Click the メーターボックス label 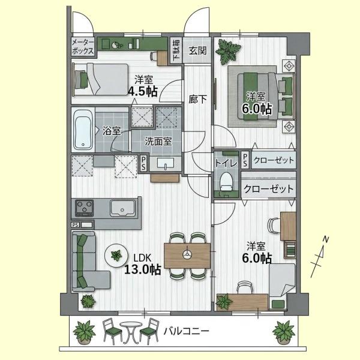83,46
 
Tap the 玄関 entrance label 197,50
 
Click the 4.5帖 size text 143,92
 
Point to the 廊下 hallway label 197,99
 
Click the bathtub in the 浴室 83,129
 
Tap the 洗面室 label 158,142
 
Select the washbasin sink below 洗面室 166,163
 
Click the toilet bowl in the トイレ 226,181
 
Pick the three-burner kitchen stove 85,208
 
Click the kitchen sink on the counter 122,208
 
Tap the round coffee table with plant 116,256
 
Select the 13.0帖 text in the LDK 143,269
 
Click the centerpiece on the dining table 187,254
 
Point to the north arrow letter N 326,239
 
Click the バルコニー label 186,331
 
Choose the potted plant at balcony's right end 284,332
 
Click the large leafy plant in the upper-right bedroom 228,52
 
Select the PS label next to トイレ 245,160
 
